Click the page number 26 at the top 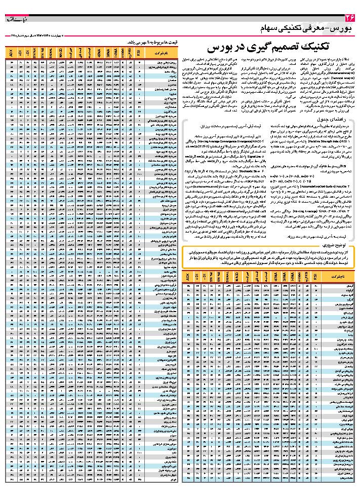click(348, 19)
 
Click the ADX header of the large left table click(11, 53)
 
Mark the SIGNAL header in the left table click(51, 53)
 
